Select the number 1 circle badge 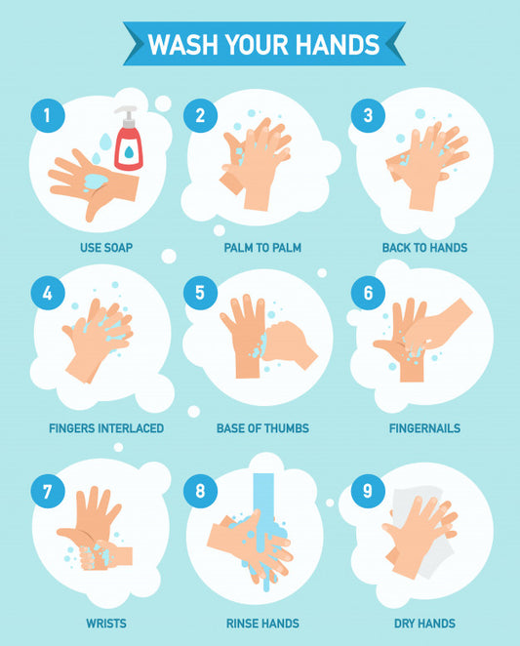(x=48, y=115)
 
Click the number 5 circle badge (x=200, y=293)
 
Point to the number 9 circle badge (x=368, y=491)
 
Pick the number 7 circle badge (x=48, y=491)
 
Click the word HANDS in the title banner (x=337, y=45)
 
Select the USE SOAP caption (x=106, y=248)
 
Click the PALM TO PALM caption (x=262, y=248)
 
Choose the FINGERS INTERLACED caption (x=106, y=428)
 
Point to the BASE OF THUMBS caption (x=262, y=428)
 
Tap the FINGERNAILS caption (x=424, y=428)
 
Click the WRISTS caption (x=106, y=624)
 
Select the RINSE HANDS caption (x=262, y=624)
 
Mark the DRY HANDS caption (x=424, y=624)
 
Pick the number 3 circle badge (x=368, y=115)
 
